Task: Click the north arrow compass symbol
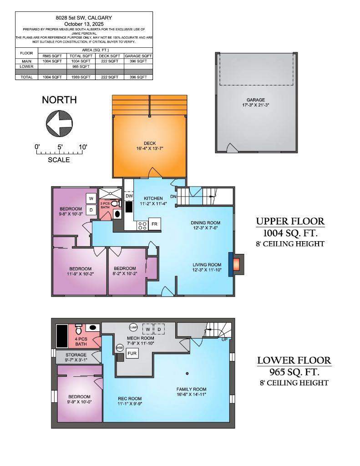click(60, 123)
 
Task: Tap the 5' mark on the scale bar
click(60, 147)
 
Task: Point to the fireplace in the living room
click(237, 264)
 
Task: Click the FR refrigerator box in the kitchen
click(155, 224)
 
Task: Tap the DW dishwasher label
click(129, 196)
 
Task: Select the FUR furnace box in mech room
click(132, 353)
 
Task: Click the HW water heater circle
click(120, 348)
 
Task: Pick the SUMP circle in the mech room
click(133, 327)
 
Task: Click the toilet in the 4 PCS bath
click(78, 328)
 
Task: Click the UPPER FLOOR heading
click(290, 222)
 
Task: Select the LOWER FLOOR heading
click(294, 360)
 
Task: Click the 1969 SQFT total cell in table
click(81, 77)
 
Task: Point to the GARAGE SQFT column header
click(138, 56)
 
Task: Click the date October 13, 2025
click(84, 24)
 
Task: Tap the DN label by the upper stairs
click(173, 196)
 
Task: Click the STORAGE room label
click(76, 355)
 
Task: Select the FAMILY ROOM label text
click(191, 390)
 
